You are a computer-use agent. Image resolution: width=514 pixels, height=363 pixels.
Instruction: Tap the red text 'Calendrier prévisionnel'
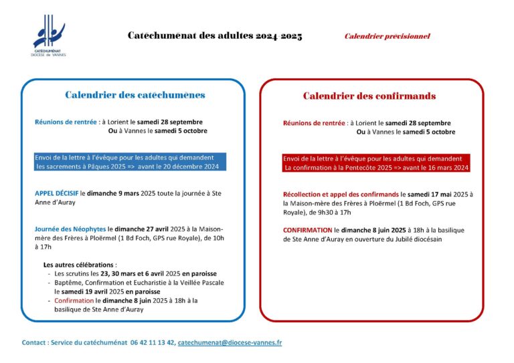(x=387, y=36)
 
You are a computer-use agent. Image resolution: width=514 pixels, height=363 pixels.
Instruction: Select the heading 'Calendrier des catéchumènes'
(x=135, y=95)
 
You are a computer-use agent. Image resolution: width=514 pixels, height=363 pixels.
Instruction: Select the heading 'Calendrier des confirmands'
(x=369, y=96)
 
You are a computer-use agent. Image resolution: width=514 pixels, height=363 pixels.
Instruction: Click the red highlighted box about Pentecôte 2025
(x=376, y=163)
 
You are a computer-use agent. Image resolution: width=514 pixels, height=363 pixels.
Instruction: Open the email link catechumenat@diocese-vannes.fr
(x=230, y=342)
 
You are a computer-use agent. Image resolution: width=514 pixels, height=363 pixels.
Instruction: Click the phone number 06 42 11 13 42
(x=153, y=342)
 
